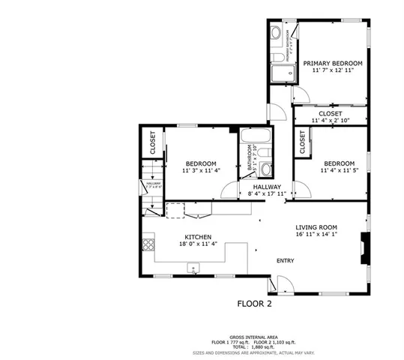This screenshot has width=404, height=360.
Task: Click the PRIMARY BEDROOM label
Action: (333, 64)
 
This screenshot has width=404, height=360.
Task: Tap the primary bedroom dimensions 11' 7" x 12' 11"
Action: (333, 72)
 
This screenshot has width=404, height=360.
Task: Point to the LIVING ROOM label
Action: (316, 227)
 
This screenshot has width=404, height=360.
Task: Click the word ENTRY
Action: (285, 261)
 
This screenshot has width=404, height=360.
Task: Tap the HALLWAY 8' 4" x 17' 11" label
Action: (267, 190)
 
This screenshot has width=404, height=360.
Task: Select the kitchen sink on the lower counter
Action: (194, 266)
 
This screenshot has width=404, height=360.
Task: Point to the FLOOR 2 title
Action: (253, 305)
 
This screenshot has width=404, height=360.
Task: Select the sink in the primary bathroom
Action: (276, 33)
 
